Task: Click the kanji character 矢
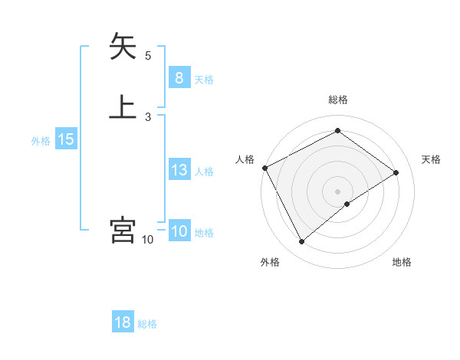point(123,47)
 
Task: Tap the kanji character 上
point(123,106)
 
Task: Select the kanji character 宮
point(123,230)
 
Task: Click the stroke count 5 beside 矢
point(148,55)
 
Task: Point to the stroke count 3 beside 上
point(148,116)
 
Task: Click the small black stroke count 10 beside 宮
point(148,240)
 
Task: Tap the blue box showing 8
point(179,78)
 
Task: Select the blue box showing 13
point(179,170)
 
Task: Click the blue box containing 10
point(179,232)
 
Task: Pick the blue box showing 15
point(65,140)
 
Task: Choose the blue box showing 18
point(123,322)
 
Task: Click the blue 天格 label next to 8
point(204,79)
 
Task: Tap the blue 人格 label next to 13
point(204,171)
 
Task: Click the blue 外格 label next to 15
point(41,141)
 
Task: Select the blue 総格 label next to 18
point(147,324)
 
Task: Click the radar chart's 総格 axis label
point(337,100)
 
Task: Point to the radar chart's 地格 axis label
point(402,262)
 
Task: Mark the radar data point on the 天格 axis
point(396,172)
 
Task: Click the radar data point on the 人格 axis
point(264,168)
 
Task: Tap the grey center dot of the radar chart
point(337,191)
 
